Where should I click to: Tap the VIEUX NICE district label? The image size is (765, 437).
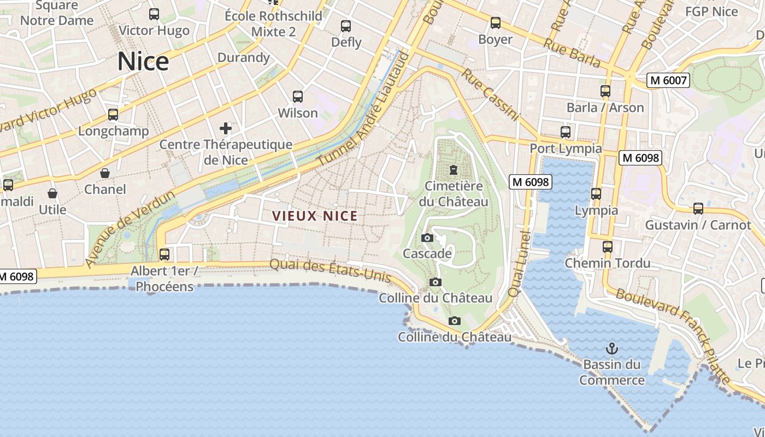coord(315,216)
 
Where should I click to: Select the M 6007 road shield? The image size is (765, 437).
coord(668,80)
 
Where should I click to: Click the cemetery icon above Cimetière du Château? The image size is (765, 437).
coord(453,170)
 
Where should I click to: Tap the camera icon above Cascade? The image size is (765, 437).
coord(427,238)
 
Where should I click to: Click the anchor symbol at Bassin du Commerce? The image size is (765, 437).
coord(612,348)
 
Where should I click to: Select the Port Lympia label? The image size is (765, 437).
coord(566,149)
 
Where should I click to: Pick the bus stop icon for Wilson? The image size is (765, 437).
coord(298,97)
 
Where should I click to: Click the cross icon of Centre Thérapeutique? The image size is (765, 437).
coord(226,128)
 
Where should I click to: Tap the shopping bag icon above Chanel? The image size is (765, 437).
coord(105,173)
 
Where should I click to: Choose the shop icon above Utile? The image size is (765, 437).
coord(52,193)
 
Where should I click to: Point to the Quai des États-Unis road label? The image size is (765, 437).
coord(331,270)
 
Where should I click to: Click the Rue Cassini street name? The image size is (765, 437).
coord(490,94)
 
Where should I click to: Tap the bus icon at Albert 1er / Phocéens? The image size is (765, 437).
coord(164,254)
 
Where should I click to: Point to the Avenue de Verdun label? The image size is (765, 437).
coord(130,228)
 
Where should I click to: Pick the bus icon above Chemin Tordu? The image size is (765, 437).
coord(607,246)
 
